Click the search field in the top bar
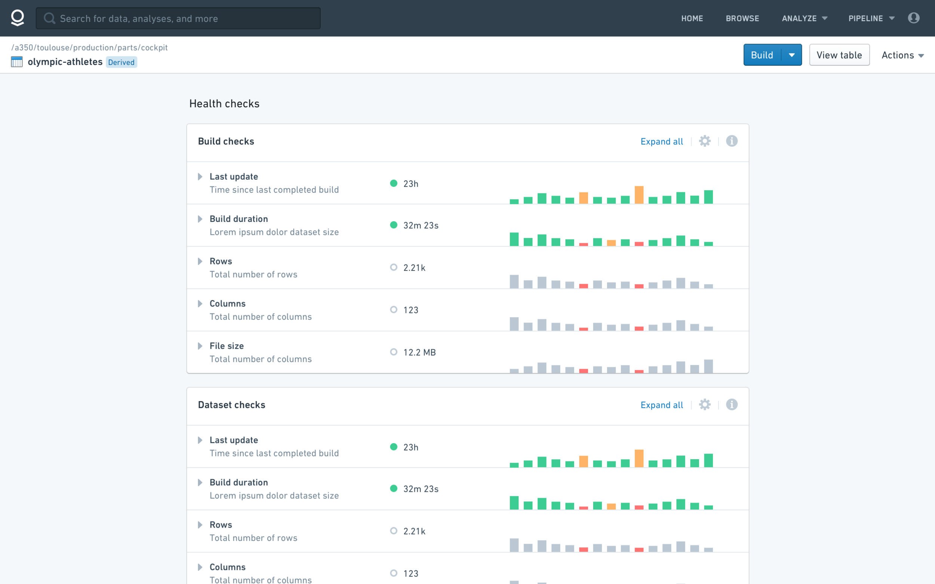(178, 18)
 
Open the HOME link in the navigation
(692, 19)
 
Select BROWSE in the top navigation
(742, 19)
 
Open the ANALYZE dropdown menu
(804, 19)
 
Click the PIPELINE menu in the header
(871, 19)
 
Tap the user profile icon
(913, 18)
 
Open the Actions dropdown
(902, 55)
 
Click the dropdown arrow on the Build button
(792, 55)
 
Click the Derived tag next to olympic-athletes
(122, 62)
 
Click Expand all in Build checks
(661, 141)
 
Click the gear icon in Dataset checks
(705, 404)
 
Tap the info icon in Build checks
(731, 141)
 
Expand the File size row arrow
(200, 346)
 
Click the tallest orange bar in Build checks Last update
(639, 195)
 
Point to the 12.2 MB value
(419, 352)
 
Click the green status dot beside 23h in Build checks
(393, 183)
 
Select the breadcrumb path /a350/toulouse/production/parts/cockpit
(89, 47)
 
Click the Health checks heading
(224, 103)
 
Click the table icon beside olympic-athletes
(16, 62)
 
